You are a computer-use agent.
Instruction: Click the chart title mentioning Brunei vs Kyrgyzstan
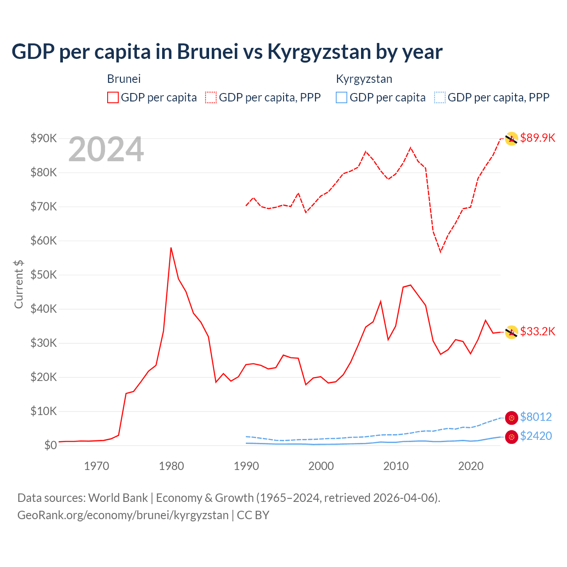click(227, 52)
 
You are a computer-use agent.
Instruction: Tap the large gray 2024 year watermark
click(106, 149)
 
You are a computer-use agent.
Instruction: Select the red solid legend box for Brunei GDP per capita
click(113, 97)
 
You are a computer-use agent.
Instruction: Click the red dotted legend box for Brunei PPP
click(211, 97)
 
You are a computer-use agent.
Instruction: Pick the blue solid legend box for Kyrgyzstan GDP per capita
click(342, 97)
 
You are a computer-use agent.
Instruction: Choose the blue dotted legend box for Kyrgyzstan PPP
click(440, 97)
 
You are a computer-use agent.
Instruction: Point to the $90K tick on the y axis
click(43, 138)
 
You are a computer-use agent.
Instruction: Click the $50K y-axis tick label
click(43, 275)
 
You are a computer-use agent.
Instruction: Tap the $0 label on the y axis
click(50, 445)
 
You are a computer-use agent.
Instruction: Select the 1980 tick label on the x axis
click(171, 466)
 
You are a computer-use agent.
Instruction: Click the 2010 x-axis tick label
click(396, 466)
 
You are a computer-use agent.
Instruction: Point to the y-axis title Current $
click(19, 284)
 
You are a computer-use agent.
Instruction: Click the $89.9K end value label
click(537, 138)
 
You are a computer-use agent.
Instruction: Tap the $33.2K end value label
click(537, 331)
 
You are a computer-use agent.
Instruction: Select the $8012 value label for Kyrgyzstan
click(536, 417)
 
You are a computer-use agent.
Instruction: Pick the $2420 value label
click(536, 436)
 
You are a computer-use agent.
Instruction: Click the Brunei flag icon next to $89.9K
click(512, 139)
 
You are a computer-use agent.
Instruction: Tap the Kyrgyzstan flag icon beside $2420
click(512, 437)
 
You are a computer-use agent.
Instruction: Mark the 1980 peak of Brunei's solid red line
click(171, 248)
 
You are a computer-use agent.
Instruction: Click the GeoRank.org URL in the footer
click(123, 515)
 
